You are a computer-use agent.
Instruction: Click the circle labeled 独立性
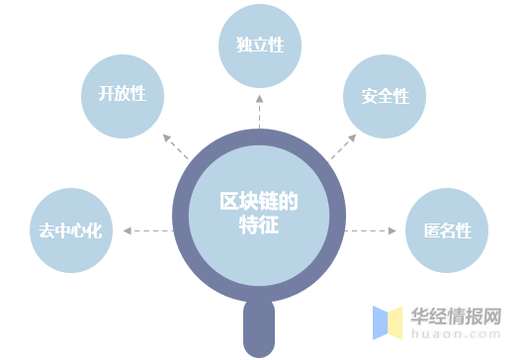[259, 45]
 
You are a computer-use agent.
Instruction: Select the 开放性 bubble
[122, 95]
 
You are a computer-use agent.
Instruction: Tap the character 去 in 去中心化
[44, 231]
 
